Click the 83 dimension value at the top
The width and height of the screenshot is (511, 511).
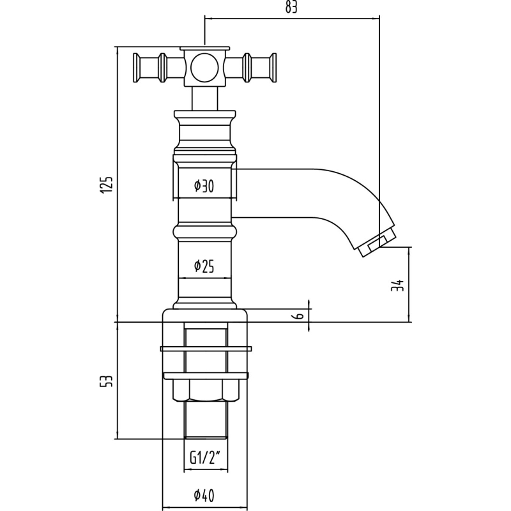click(291, 7)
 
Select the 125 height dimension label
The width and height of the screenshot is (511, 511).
click(106, 185)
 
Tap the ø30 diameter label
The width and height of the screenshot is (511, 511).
click(204, 186)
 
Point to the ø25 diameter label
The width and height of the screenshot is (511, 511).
click(204, 266)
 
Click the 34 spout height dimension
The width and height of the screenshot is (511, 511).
click(397, 286)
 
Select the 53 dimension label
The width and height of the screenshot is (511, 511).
click(106, 381)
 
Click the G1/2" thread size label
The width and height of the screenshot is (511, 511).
click(204, 459)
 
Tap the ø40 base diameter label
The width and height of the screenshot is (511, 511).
click(204, 496)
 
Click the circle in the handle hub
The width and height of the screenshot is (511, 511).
click(204, 68)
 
